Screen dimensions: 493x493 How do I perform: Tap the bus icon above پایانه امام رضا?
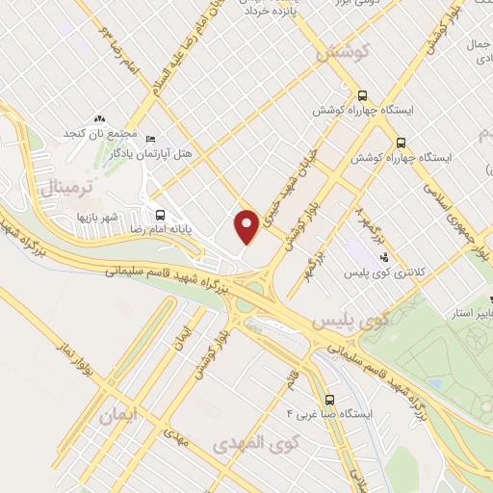tap(160, 214)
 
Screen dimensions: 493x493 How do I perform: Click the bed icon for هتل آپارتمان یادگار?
tap(151, 138)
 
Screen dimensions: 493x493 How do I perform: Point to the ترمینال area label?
tap(63, 189)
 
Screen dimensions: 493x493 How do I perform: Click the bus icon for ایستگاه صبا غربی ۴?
tap(329, 399)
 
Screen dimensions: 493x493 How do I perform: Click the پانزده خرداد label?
tap(269, 12)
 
